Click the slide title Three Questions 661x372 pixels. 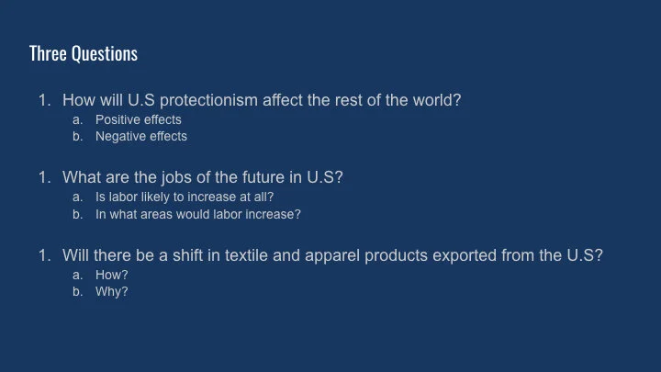[x=84, y=53]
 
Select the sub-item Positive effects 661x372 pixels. [x=139, y=119]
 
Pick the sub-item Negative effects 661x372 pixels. [x=141, y=136]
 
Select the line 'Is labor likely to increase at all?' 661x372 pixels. [x=185, y=197]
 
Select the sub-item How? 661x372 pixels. [x=112, y=275]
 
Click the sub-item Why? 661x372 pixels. [x=112, y=291]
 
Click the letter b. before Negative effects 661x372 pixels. [x=78, y=136]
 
